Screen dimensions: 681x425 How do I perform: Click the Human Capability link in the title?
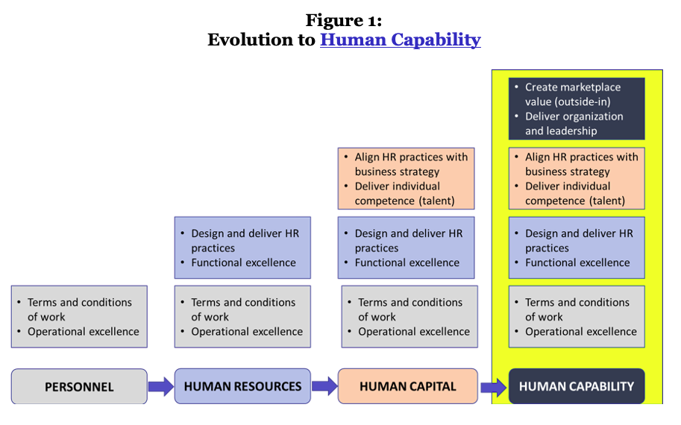(x=400, y=40)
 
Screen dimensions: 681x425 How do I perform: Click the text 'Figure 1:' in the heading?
(x=344, y=20)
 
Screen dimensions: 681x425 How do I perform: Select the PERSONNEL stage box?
(x=79, y=386)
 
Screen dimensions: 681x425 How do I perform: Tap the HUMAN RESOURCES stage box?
(x=242, y=386)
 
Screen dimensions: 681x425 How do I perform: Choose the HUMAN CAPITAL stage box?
(x=407, y=386)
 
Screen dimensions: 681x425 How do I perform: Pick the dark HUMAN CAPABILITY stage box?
(x=577, y=386)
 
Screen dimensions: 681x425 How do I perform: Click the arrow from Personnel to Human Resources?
(x=160, y=386)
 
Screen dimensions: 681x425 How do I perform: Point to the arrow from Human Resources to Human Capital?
(x=324, y=386)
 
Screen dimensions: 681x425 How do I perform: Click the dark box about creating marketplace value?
(x=577, y=109)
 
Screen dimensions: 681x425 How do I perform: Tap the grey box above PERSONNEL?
(x=79, y=317)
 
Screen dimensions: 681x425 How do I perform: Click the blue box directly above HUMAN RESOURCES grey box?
(x=242, y=248)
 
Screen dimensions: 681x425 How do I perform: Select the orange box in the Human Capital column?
(x=407, y=178)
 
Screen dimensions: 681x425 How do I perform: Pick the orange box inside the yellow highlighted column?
(x=577, y=178)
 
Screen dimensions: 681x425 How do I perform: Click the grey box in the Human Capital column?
(x=409, y=317)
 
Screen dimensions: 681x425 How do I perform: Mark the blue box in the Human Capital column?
(x=407, y=248)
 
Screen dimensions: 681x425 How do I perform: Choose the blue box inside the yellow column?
(x=577, y=248)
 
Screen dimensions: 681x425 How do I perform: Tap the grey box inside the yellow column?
(x=577, y=317)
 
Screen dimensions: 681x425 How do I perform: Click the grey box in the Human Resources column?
(x=242, y=317)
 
